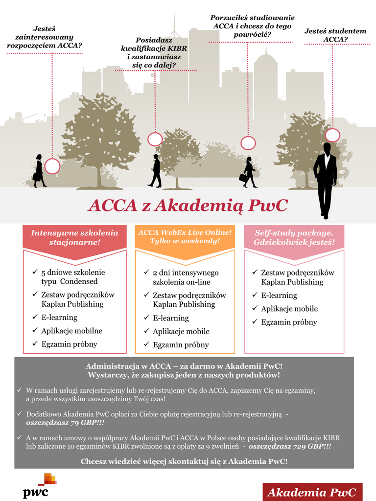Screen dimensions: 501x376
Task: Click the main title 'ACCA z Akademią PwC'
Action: [188, 205]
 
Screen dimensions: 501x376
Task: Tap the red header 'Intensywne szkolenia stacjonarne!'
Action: [75, 237]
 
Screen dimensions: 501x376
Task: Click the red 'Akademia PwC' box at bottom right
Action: [312, 492]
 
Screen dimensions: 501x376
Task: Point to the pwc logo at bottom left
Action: [40, 485]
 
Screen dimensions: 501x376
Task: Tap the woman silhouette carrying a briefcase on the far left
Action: [39, 171]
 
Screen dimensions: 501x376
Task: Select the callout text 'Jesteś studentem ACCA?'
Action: [335, 35]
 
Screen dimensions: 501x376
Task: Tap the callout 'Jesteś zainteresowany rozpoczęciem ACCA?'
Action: [44, 37]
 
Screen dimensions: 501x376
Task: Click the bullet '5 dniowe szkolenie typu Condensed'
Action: [72, 276]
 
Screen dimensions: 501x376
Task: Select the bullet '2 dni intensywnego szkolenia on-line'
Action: [185, 277]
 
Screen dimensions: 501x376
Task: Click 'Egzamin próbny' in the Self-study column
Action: [289, 322]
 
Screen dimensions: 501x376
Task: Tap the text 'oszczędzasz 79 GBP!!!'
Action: [65, 423]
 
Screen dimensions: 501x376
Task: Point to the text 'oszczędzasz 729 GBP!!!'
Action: [290, 447]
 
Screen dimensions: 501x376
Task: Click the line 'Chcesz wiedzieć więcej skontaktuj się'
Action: [184, 461]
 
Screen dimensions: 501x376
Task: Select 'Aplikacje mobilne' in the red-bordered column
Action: [71, 331]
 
